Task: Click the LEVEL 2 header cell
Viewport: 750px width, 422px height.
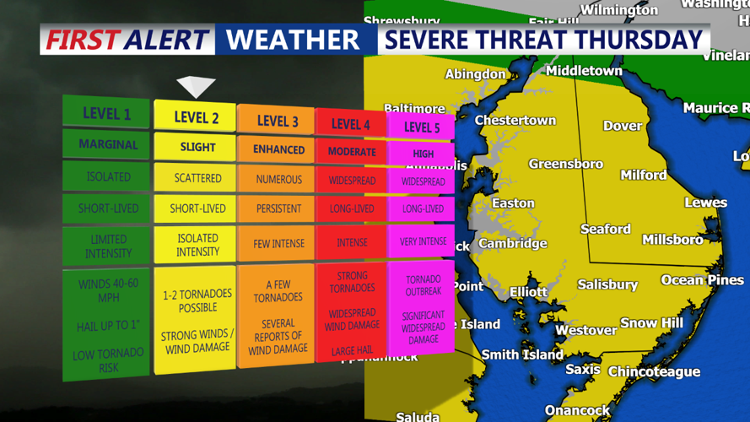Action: [196, 117]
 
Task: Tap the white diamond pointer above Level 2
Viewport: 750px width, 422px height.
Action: [196, 86]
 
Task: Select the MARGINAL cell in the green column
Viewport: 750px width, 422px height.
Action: [108, 144]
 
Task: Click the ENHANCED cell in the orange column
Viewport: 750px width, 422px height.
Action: [278, 149]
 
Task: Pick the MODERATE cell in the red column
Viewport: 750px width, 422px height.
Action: [351, 152]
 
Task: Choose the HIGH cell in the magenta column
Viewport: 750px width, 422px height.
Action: [423, 154]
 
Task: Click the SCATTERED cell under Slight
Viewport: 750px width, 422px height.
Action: [197, 178]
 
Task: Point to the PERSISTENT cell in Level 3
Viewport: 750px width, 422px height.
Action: [278, 208]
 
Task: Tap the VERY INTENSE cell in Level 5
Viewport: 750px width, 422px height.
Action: [423, 241]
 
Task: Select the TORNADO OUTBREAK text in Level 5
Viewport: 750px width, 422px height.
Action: [423, 285]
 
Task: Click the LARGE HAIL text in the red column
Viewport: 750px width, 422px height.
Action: [351, 350]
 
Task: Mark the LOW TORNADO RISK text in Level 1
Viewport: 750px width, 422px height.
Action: [107, 360]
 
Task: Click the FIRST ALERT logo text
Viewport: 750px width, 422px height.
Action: [127, 39]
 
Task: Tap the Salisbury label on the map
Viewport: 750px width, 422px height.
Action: [607, 284]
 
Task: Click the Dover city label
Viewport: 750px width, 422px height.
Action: [623, 126]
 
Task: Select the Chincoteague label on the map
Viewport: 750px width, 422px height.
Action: [654, 371]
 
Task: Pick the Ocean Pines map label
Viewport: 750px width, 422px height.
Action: [702, 279]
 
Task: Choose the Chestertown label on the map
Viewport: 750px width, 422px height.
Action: [515, 120]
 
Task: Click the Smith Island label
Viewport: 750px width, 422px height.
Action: [522, 354]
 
